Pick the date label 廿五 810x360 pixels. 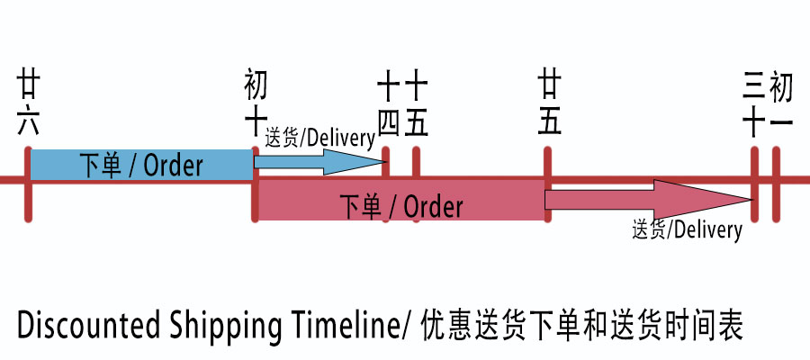[549, 104]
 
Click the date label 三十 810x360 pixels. [754, 104]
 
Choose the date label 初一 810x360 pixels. [781, 104]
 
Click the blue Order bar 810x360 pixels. [140, 165]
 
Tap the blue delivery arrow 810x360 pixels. [319, 162]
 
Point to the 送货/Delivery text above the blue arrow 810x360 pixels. [319, 138]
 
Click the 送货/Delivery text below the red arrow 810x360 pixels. [687, 229]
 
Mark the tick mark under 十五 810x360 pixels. [416, 164]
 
